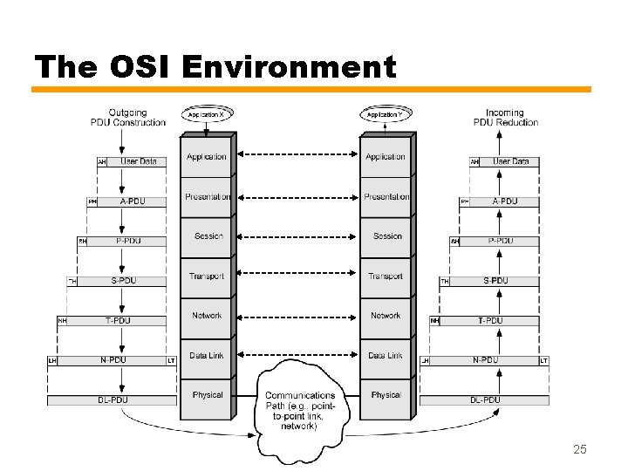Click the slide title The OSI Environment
[215, 66]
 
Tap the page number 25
[580, 449]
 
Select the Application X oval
[207, 114]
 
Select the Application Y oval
[385, 114]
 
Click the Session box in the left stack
[208, 236]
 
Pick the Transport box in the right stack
[386, 276]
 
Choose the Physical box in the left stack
[208, 395]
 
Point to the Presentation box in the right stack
[386, 197]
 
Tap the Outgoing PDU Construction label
[127, 118]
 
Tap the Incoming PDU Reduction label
[505, 118]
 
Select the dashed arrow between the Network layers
[297, 316]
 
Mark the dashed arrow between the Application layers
[297, 157]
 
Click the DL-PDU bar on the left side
[112, 400]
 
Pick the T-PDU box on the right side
[490, 321]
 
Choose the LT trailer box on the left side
[171, 360]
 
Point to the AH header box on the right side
[474, 162]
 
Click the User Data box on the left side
[138, 161]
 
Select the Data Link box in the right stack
[386, 356]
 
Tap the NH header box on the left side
[62, 321]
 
